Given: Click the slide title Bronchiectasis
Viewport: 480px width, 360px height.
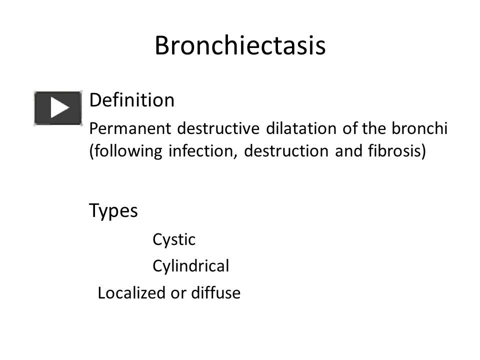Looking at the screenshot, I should click(240, 46).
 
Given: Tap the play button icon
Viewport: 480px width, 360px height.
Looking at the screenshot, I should click(58, 108).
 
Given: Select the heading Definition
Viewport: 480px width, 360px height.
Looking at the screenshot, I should click(131, 100).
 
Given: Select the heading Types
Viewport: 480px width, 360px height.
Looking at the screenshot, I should click(113, 211).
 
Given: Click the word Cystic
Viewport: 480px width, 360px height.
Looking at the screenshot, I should click(173, 240).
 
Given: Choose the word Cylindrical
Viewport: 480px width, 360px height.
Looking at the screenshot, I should click(190, 266).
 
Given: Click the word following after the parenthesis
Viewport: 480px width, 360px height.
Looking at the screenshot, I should click(127, 151).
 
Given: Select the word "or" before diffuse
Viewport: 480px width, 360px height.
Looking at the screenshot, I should click(178, 293).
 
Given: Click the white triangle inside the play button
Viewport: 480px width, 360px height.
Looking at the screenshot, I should click(59, 108).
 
